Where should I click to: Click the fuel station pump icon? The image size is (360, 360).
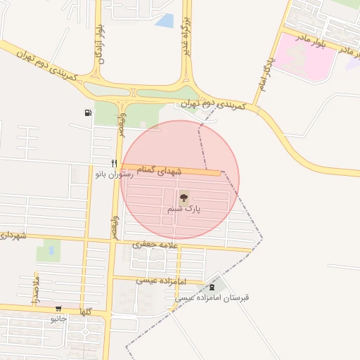coord(88,112)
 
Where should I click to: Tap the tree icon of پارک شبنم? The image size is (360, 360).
coord(184,198)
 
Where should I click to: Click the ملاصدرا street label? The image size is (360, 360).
coord(35,290)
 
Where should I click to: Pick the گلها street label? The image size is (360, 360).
coord(86,311)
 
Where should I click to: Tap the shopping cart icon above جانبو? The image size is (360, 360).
coord(58,308)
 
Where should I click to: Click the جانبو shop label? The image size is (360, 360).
coord(58,319)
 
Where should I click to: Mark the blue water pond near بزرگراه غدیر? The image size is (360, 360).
coord(165,21)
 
